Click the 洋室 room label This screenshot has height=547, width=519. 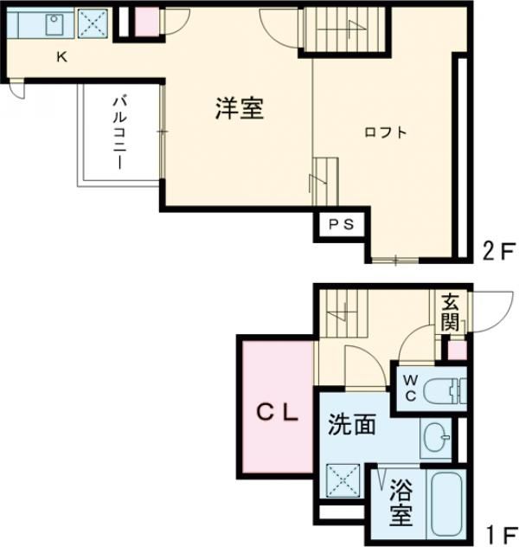point(240,110)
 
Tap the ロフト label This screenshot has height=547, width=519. point(385,132)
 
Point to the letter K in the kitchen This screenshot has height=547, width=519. point(61,57)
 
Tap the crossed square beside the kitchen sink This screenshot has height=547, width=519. point(91,23)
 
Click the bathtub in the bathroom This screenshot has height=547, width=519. point(446,506)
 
